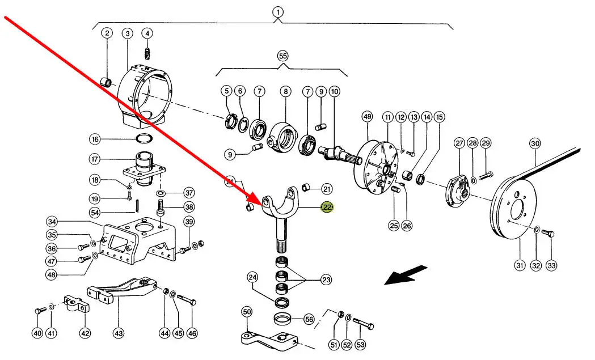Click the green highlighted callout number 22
click(x=327, y=207)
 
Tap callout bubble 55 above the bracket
click(x=283, y=56)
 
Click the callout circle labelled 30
click(x=535, y=143)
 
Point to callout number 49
click(x=367, y=117)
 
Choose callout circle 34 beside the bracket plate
click(x=52, y=221)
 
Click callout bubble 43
click(x=119, y=333)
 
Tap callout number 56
click(x=309, y=319)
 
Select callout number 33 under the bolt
click(x=551, y=265)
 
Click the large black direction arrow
click(x=406, y=276)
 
